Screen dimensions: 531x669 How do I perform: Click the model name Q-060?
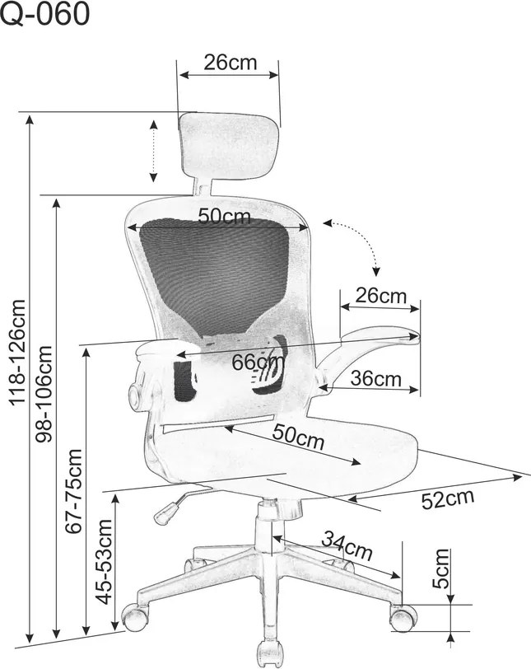tap(45, 13)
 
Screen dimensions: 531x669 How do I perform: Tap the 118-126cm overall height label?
tap(18, 353)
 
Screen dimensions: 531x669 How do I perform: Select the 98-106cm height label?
tap(44, 394)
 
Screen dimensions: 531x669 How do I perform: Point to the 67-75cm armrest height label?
tap(73, 491)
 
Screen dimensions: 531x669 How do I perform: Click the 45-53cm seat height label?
tap(104, 562)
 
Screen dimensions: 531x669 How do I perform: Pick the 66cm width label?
tap(258, 363)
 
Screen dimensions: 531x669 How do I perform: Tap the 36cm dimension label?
tap(375, 378)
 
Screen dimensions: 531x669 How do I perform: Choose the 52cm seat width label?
tap(448, 498)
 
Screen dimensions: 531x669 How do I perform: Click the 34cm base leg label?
tap(347, 545)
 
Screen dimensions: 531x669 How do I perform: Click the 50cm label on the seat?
tap(298, 437)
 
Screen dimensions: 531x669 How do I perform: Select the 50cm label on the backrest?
tap(224, 217)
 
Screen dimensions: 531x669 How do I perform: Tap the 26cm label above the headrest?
tap(231, 63)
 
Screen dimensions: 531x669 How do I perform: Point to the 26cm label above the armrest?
tap(381, 296)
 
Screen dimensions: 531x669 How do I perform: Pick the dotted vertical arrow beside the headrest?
tap(153, 151)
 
